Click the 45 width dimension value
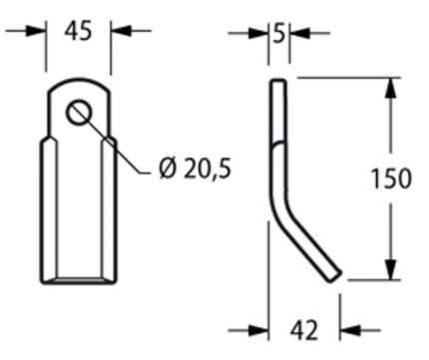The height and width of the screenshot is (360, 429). (78, 31)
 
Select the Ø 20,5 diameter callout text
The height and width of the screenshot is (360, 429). (195, 168)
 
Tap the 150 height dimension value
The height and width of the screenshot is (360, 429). (391, 179)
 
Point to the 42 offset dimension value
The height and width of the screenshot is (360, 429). (304, 330)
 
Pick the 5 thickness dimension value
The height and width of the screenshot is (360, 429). (279, 33)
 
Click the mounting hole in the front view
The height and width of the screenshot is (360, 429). (79, 113)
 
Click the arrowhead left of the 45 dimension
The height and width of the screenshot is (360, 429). (36, 31)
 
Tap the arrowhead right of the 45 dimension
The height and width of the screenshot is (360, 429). (120, 31)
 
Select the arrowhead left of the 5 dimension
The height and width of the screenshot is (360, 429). (258, 33)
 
